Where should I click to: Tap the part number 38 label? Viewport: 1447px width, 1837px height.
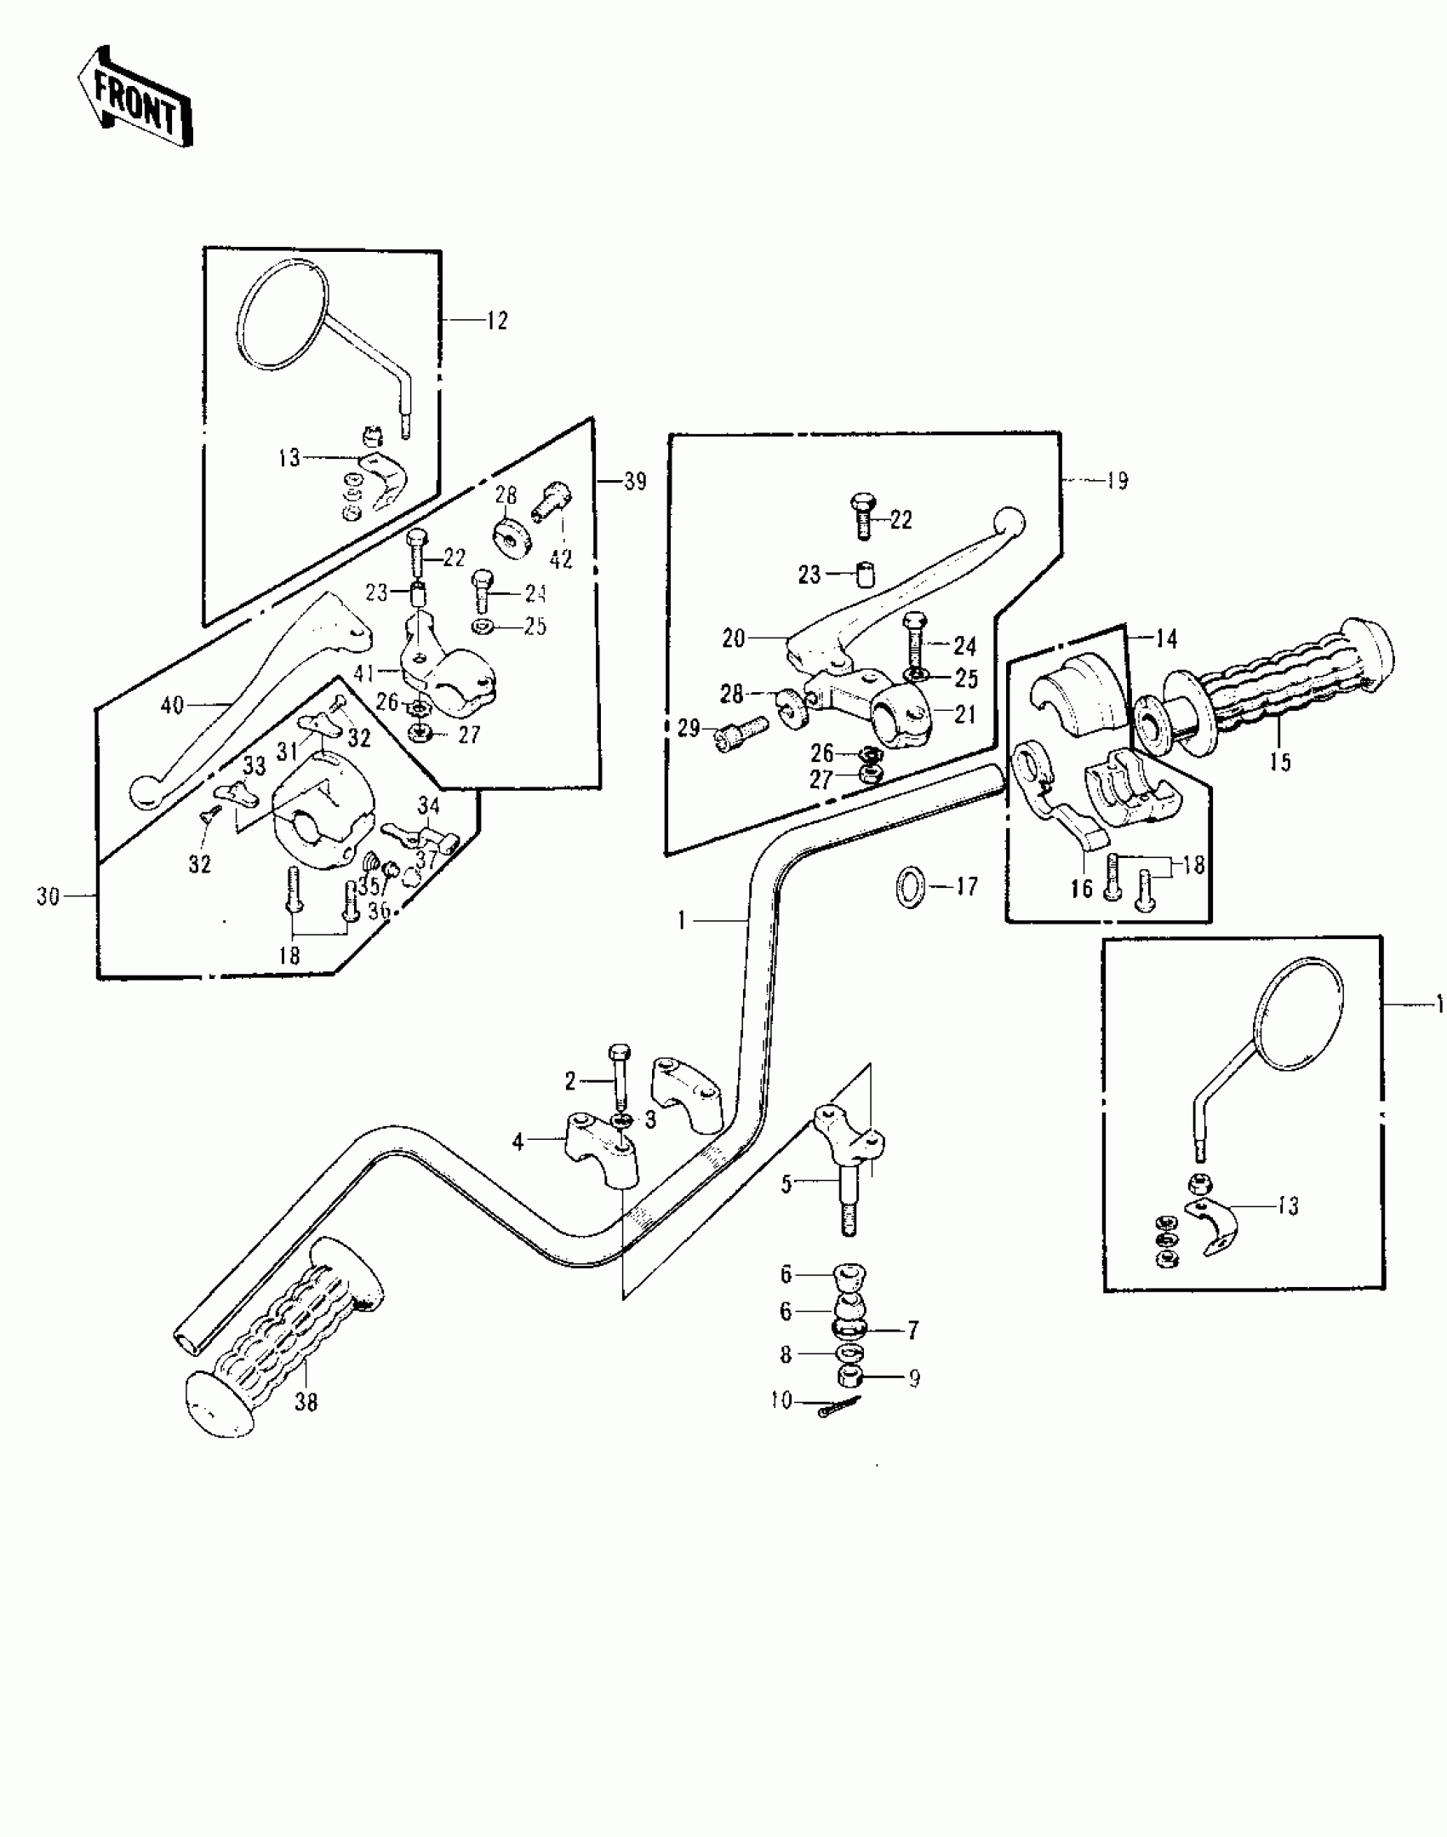(x=306, y=1402)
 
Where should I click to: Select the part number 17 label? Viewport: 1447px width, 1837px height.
(x=966, y=886)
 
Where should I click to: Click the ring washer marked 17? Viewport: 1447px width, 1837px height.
(x=909, y=887)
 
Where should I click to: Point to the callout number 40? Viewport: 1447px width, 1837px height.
(x=172, y=706)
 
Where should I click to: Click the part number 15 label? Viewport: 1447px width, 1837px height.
(x=1279, y=761)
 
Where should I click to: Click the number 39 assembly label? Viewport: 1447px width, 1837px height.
(x=635, y=482)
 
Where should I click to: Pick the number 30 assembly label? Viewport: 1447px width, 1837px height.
(x=48, y=896)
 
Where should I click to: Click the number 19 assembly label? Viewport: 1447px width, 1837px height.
(x=1117, y=481)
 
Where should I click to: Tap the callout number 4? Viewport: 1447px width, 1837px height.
(x=518, y=1142)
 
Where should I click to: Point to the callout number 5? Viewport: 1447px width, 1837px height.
(x=786, y=1184)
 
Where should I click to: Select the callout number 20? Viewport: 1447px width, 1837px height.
(x=733, y=638)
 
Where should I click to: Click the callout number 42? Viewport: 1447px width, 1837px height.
(x=561, y=559)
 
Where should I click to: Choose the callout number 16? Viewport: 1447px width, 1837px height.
(x=1081, y=890)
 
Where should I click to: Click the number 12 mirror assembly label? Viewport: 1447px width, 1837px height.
(x=497, y=321)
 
